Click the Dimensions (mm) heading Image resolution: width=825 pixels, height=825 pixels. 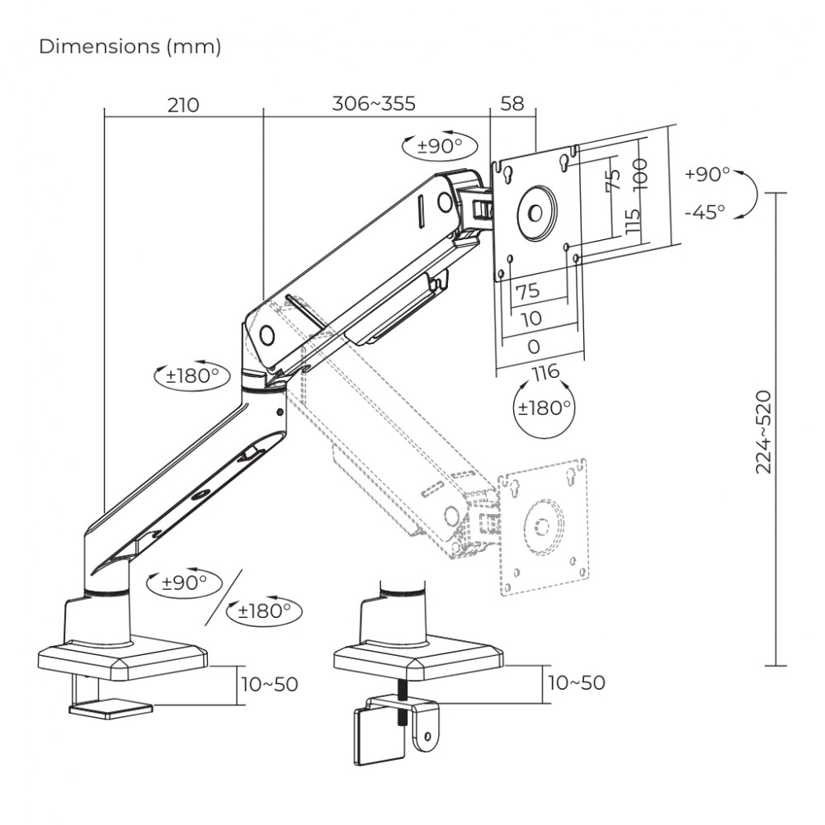pyautogui.click(x=130, y=48)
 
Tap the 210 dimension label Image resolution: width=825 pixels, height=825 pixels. pyautogui.click(x=183, y=105)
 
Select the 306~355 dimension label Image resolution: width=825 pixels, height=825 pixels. pyautogui.click(x=374, y=105)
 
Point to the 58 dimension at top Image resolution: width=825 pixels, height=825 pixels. pyautogui.click(x=512, y=105)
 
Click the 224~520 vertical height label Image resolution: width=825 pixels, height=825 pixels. pyautogui.click(x=764, y=431)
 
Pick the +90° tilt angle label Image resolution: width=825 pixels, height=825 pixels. pyautogui.click(x=707, y=175)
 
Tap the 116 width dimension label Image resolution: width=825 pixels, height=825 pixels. pyautogui.click(x=544, y=373)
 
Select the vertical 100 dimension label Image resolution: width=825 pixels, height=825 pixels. pyautogui.click(x=640, y=173)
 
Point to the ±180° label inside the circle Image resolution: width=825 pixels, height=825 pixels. pyautogui.click(x=544, y=408)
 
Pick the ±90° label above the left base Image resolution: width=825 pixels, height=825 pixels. pyautogui.click(x=184, y=582)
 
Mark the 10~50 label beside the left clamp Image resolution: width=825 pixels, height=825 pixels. pyautogui.click(x=269, y=684)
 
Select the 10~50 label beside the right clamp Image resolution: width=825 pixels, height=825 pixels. pyautogui.click(x=575, y=682)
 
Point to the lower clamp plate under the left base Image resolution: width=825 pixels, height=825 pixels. pyautogui.click(x=111, y=709)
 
